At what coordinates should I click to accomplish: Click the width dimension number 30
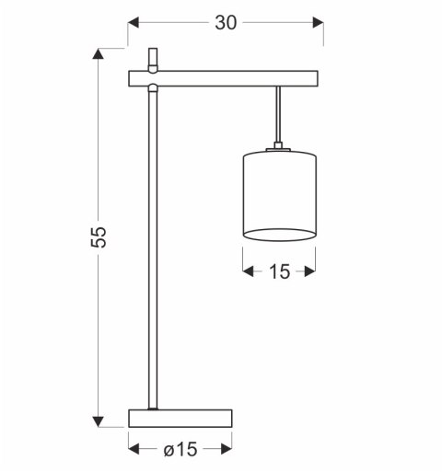226,22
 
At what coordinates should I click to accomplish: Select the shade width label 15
279,271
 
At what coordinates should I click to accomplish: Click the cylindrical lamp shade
279,193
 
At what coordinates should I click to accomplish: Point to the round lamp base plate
180,418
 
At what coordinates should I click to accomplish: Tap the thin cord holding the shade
278,115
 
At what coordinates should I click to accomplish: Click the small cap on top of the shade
278,148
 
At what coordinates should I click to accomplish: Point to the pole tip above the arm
154,57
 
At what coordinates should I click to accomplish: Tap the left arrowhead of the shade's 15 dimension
248,271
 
